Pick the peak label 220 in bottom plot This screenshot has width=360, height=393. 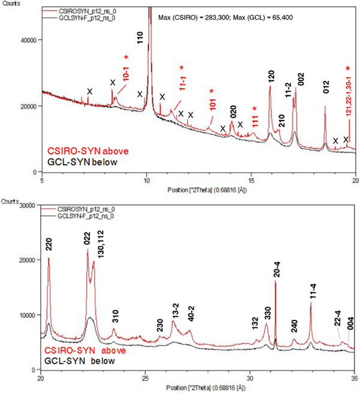pyautogui.click(x=49, y=244)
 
